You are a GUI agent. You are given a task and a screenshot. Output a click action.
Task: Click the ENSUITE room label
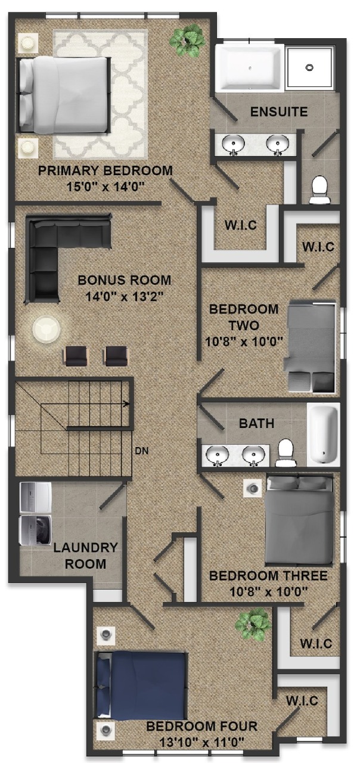click(x=279, y=111)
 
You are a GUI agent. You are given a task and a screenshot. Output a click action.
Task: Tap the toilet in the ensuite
click(x=320, y=190)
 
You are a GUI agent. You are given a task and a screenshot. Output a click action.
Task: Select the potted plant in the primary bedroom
click(x=187, y=41)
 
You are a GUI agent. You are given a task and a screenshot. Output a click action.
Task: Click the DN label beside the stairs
click(x=142, y=451)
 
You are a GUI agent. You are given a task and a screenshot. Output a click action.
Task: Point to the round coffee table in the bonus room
click(x=46, y=329)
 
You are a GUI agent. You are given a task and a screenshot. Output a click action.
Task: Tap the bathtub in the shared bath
click(x=324, y=435)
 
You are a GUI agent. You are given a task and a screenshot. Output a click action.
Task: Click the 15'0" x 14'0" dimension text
click(x=106, y=187)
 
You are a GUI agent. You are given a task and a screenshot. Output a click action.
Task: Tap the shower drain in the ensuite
click(x=309, y=67)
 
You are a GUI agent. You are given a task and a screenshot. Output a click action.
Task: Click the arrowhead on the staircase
click(x=127, y=404)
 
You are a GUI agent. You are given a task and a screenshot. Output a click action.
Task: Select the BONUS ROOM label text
click(x=125, y=280)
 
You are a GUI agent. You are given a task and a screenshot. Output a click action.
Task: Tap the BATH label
click(x=256, y=423)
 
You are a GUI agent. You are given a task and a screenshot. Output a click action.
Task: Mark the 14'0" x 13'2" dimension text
click(x=125, y=296)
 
